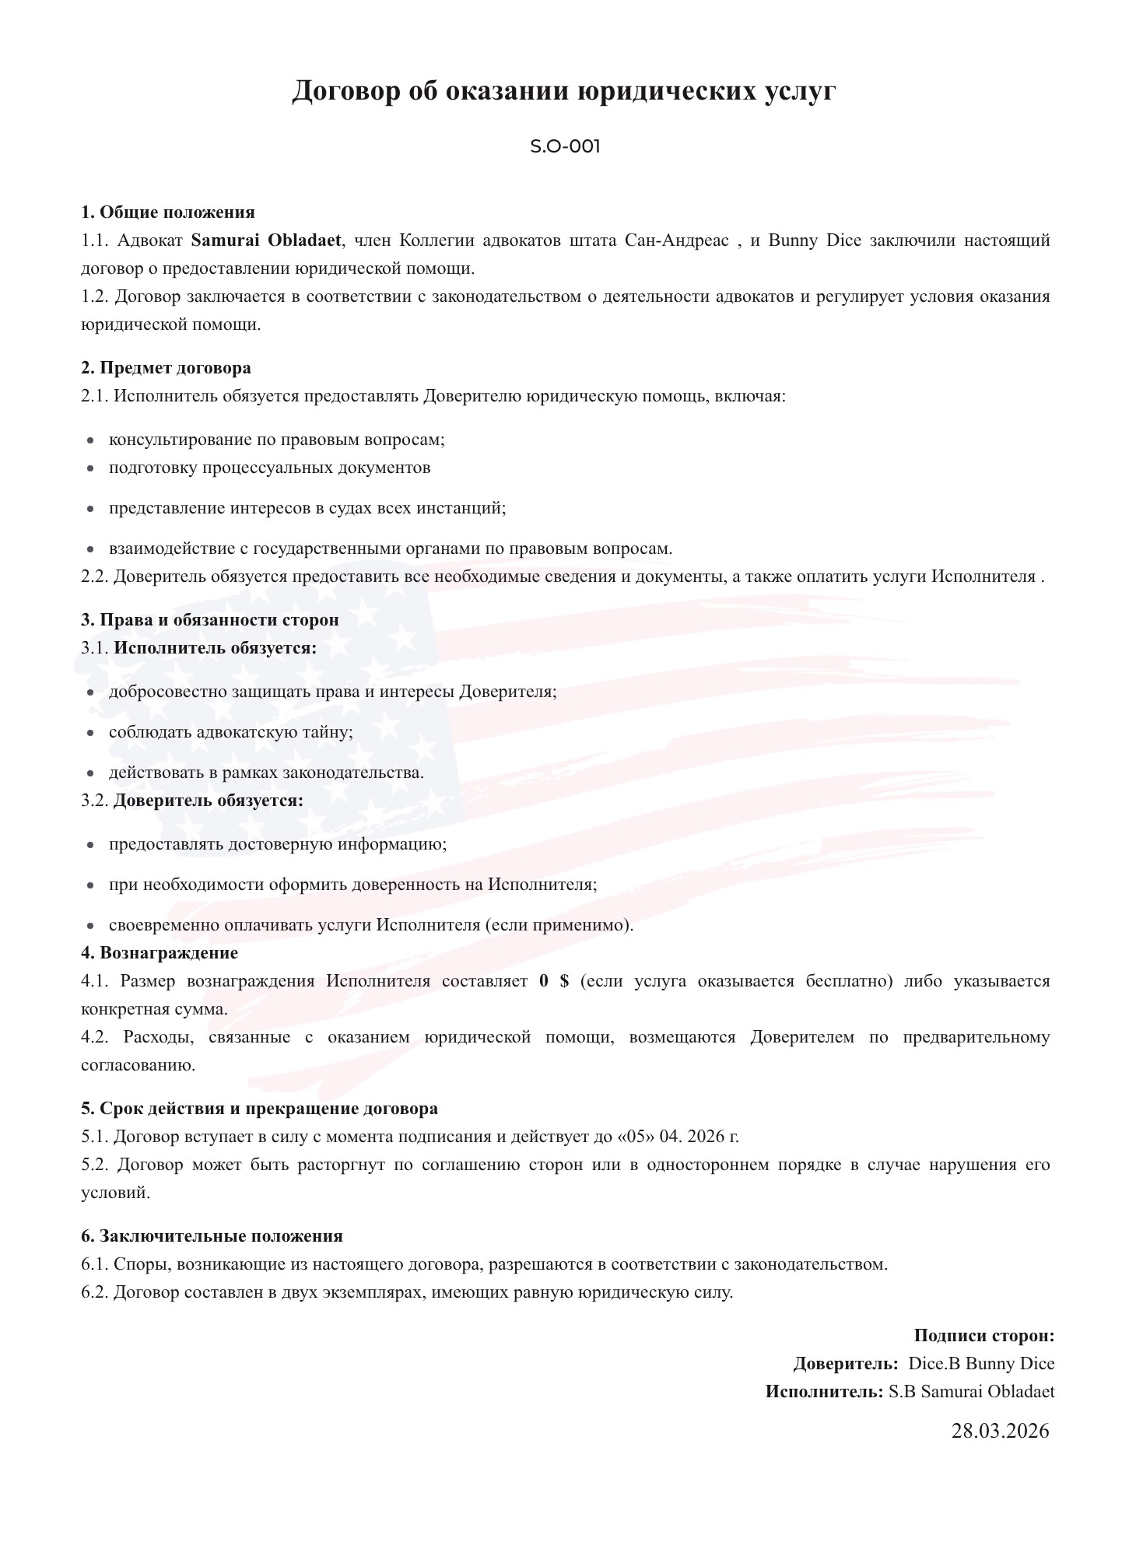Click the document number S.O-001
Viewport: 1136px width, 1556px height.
[x=565, y=146]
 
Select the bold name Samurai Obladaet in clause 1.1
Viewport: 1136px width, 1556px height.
[x=266, y=240]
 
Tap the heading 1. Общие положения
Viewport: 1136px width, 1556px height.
[x=168, y=212]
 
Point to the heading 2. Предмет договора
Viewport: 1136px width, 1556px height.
[x=166, y=367]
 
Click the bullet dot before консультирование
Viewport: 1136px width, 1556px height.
[x=91, y=440]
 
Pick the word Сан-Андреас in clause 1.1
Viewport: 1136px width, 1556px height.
[x=676, y=240]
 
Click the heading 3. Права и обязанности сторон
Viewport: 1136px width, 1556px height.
[x=210, y=619]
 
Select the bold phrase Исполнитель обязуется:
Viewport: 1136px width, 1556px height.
[x=216, y=647]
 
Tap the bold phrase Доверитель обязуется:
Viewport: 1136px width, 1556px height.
[x=209, y=800]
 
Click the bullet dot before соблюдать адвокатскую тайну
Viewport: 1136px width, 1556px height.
[x=91, y=733]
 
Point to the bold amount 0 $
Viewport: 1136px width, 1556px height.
[x=554, y=980]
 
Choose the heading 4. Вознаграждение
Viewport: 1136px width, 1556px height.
[x=160, y=952]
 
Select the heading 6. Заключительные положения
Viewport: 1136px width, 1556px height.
[x=212, y=1235]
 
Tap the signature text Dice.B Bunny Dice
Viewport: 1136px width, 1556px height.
[x=981, y=1363]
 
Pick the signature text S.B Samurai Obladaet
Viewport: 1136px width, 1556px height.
[x=971, y=1391]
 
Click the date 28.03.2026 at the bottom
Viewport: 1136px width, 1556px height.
[x=1000, y=1430]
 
